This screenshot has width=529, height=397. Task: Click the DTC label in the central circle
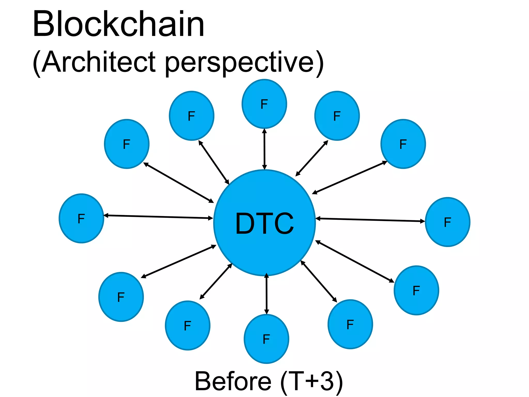pos(264,223)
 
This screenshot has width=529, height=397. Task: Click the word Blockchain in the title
pos(118,25)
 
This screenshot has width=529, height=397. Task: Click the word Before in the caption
pos(233,381)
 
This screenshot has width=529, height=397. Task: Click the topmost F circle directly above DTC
pos(264,104)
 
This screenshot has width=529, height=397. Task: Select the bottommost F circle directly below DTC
pos(266,339)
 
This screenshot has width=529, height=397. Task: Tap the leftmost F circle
pos(81,218)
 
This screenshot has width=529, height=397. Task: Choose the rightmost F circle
pos(447,222)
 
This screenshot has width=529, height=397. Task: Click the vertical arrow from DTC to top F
pos(264,149)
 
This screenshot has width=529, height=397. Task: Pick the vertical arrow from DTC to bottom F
pos(267,294)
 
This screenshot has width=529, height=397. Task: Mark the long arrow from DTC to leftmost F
pos(158,217)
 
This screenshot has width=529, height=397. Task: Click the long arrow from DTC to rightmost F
pos(370,220)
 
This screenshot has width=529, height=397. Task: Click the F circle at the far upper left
pos(127,144)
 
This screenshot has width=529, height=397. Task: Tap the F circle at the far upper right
pos(403,144)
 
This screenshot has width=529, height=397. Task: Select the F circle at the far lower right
pos(416,291)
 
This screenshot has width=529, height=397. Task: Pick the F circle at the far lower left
pos(121,297)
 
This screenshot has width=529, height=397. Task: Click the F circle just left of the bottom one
pos(188,325)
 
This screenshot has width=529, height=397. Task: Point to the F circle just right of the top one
pos(337,116)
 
